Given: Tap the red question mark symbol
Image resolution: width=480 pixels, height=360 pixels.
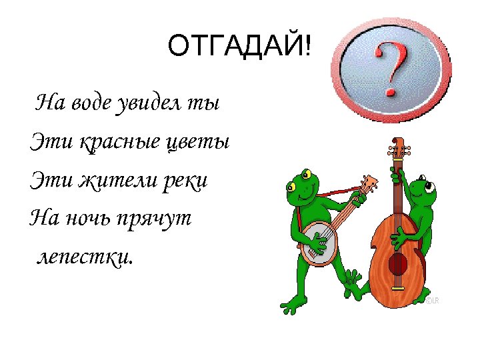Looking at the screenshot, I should click(x=391, y=69).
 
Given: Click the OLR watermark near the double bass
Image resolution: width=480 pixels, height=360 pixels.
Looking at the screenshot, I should click(x=433, y=301).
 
